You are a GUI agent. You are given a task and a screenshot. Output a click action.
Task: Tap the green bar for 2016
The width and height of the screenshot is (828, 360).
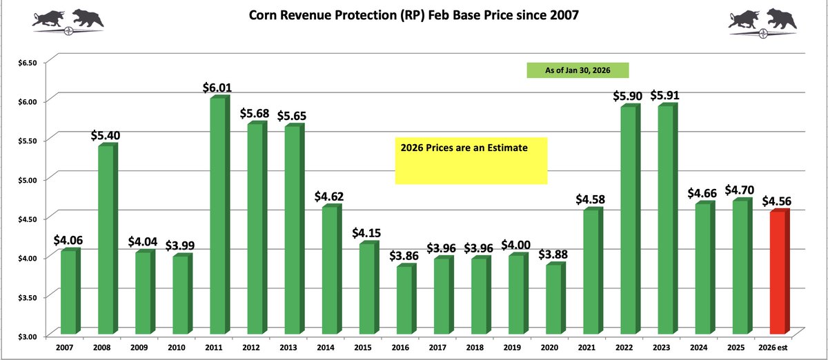click(x=402, y=300)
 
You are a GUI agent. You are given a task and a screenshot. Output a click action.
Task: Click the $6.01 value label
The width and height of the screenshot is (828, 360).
click(x=217, y=88)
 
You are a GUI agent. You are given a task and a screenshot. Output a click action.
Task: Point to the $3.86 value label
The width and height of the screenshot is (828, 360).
click(x=403, y=256)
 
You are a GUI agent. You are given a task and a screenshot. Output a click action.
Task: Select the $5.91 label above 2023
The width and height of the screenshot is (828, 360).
click(x=664, y=95)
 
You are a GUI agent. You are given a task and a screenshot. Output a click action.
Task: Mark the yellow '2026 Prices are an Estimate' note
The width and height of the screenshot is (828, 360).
click(x=471, y=160)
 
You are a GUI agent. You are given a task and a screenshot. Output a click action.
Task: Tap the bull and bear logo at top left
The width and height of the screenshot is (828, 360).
click(x=68, y=19)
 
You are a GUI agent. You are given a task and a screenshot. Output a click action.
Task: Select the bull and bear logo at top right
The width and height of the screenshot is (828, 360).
click(x=763, y=21)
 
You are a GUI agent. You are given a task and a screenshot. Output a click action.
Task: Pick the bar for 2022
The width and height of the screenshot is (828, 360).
click(x=627, y=221)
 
